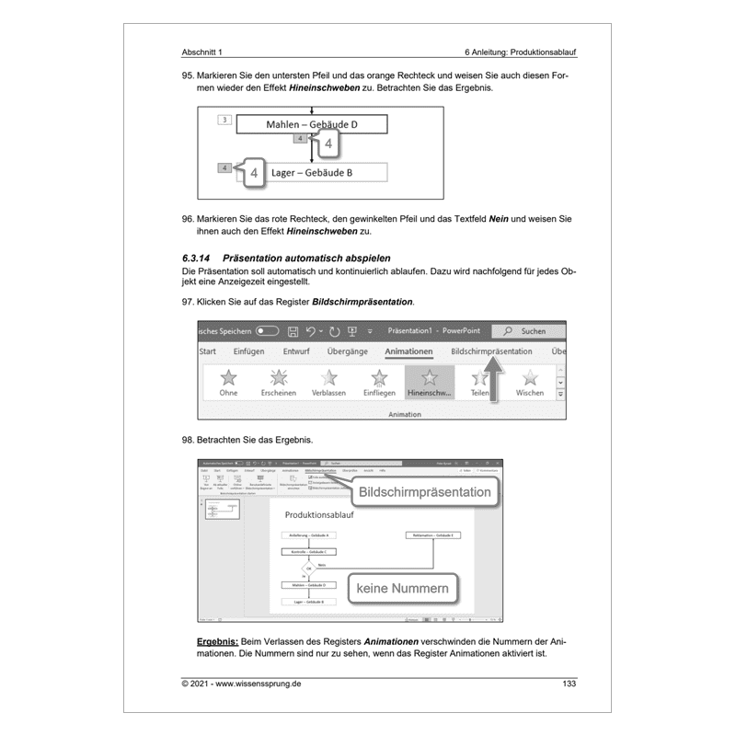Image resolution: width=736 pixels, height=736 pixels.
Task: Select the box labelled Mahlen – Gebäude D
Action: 312,125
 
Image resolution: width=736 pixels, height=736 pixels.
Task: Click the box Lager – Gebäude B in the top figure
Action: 312,172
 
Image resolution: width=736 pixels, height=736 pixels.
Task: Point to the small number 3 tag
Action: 224,121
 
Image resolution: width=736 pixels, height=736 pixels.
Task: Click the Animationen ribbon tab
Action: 408,351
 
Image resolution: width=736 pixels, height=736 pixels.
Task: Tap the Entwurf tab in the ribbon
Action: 296,351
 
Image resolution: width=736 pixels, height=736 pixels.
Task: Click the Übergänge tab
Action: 348,351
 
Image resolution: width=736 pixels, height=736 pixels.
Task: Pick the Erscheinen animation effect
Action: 278,383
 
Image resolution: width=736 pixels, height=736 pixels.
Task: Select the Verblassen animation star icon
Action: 328,383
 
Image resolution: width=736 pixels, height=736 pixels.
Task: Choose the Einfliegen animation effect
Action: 379,383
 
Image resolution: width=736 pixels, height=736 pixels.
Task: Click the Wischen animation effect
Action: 530,383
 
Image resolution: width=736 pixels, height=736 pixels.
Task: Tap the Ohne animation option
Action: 228,383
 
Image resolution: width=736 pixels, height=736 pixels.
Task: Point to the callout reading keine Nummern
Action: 402,586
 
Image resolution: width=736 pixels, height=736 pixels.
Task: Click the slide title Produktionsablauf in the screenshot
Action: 319,515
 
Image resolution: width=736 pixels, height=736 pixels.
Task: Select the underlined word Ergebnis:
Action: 217,641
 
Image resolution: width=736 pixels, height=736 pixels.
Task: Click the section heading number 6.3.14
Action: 199,259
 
